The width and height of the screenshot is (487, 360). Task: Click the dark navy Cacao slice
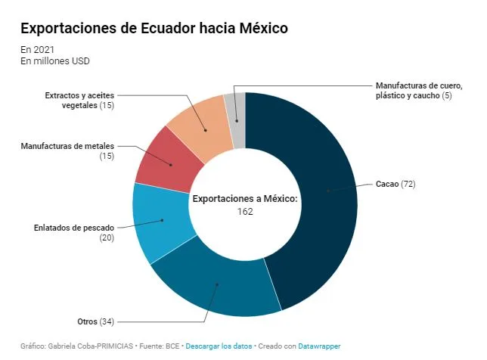tap(326, 199)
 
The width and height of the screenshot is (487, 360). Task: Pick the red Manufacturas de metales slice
tap(169, 162)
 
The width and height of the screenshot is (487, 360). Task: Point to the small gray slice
tap(237, 119)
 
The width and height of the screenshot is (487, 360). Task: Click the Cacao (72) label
tap(395, 184)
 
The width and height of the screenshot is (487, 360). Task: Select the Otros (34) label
tap(95, 321)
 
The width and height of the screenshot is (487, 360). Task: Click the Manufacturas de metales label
tap(67, 151)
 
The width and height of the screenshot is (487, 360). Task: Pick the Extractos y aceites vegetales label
tap(79, 101)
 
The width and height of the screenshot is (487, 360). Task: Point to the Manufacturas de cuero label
tap(419, 91)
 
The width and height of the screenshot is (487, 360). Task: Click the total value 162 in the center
tap(245, 212)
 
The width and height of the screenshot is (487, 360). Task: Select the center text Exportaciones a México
tap(245, 198)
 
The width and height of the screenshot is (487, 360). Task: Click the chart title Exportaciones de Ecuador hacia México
tap(154, 28)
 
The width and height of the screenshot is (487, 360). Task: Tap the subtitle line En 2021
tap(37, 50)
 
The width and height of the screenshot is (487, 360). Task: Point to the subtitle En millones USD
tap(55, 61)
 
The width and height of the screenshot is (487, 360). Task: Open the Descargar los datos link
tap(219, 346)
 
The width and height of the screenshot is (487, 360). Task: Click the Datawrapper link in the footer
tap(319, 346)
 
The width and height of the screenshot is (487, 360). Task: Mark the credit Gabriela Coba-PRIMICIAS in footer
tap(91, 346)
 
